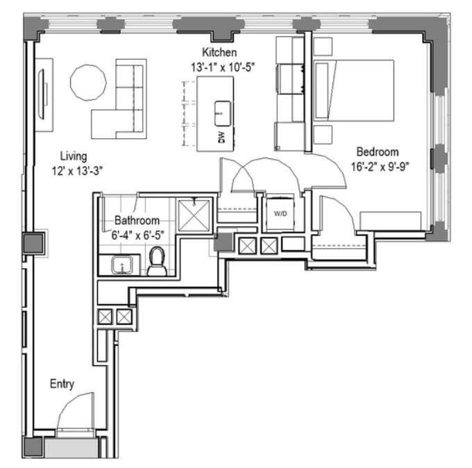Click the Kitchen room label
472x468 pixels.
click(x=219, y=53)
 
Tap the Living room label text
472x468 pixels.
click(x=74, y=156)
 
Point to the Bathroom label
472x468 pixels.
click(x=137, y=220)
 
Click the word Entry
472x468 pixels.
click(x=62, y=383)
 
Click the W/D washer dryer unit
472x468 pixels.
click(x=280, y=213)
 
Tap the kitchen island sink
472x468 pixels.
click(x=223, y=109)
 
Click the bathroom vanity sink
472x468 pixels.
click(x=123, y=266)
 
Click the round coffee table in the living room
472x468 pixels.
click(x=89, y=83)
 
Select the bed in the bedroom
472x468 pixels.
click(x=354, y=91)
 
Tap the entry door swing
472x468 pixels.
click(x=75, y=410)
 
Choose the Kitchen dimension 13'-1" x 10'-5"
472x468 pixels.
click(x=219, y=67)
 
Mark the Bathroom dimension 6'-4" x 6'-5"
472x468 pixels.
click(x=139, y=235)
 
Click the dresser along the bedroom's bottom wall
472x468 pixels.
click(x=389, y=220)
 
